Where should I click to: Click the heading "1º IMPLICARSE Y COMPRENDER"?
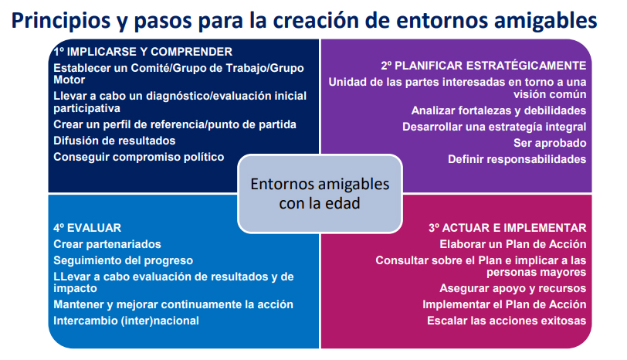click(143, 52)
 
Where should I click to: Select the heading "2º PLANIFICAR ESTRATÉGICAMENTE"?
click(483, 66)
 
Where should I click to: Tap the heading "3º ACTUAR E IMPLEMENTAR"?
click(507, 228)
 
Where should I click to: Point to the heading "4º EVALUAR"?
click(87, 228)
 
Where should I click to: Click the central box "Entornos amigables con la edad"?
click(320, 194)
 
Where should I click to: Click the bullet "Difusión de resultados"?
click(114, 141)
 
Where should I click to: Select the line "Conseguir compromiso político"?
click(139, 157)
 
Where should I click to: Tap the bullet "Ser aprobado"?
click(550, 143)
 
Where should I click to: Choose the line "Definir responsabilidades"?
click(517, 159)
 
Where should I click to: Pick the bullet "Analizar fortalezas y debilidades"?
click(499, 110)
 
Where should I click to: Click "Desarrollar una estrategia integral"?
click(494, 127)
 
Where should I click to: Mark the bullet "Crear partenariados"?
click(107, 244)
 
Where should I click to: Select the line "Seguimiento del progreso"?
click(124, 260)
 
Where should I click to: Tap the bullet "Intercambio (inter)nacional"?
click(126, 321)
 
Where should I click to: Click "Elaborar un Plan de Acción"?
click(513, 244)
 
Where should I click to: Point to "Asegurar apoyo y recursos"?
click(513, 288)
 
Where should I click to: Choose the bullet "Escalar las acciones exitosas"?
click(507, 321)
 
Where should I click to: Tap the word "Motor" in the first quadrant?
click(69, 80)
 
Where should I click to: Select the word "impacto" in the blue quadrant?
click(75, 288)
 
